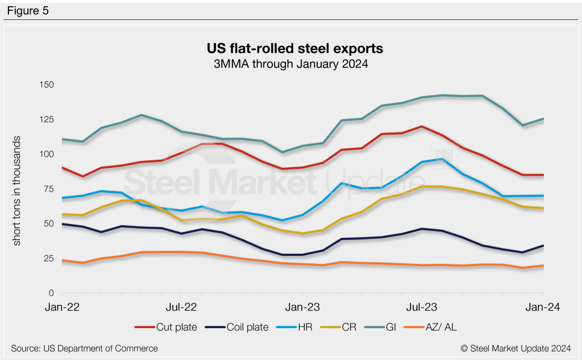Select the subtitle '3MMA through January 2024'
(289, 64)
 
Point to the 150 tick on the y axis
(46, 85)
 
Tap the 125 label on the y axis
(46, 119)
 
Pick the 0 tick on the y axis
(51, 293)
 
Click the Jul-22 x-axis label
(181, 308)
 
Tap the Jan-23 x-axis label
(301, 308)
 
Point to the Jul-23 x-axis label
(422, 308)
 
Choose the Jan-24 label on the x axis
(543, 308)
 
